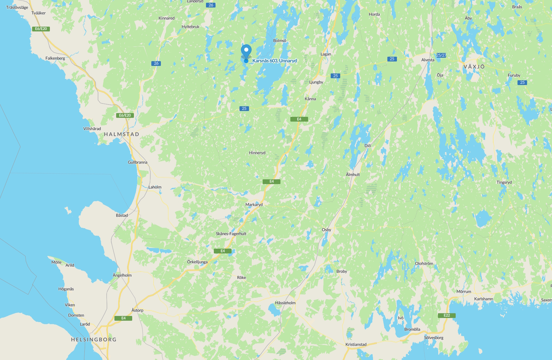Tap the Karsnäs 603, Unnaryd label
(274, 61)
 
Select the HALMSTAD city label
(122, 134)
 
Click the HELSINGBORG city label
(94, 340)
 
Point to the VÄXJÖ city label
(474, 67)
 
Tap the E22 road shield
(446, 315)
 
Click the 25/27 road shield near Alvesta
(441, 55)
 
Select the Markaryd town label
(254, 205)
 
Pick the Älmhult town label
(353, 175)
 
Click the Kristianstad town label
(356, 344)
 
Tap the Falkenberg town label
(55, 58)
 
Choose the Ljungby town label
(316, 82)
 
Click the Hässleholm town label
(285, 303)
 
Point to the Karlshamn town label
(483, 299)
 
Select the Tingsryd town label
(504, 182)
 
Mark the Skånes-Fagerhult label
(231, 234)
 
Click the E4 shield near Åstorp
(123, 318)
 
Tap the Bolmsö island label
(279, 41)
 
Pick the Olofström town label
(424, 264)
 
